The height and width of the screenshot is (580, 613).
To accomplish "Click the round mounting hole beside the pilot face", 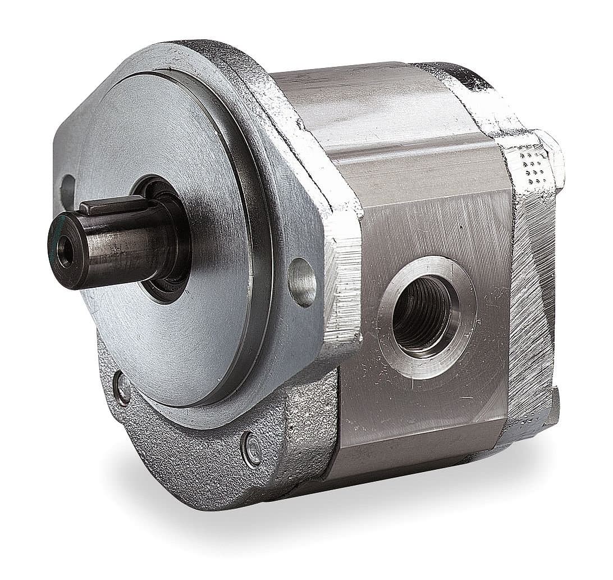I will click(x=302, y=282).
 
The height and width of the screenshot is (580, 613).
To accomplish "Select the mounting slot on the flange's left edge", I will click(x=67, y=189).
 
